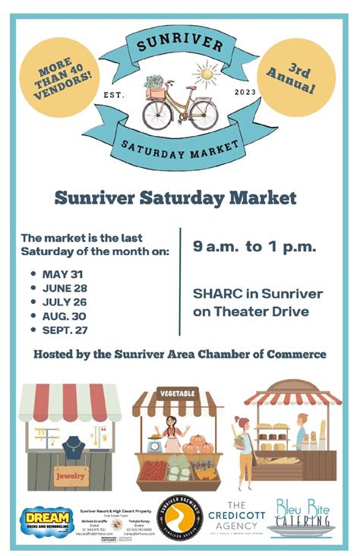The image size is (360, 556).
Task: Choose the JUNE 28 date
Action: click(64, 288)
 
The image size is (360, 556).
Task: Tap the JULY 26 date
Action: click(63, 302)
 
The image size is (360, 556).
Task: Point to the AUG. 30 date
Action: click(64, 315)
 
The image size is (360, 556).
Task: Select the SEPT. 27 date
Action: click(66, 330)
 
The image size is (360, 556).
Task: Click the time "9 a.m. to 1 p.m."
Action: click(254, 247)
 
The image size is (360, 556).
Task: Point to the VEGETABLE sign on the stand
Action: click(177, 393)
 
